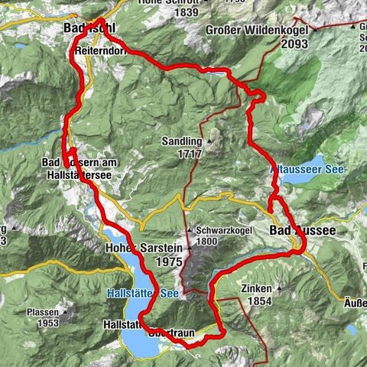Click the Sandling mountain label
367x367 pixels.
tap(180, 141)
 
